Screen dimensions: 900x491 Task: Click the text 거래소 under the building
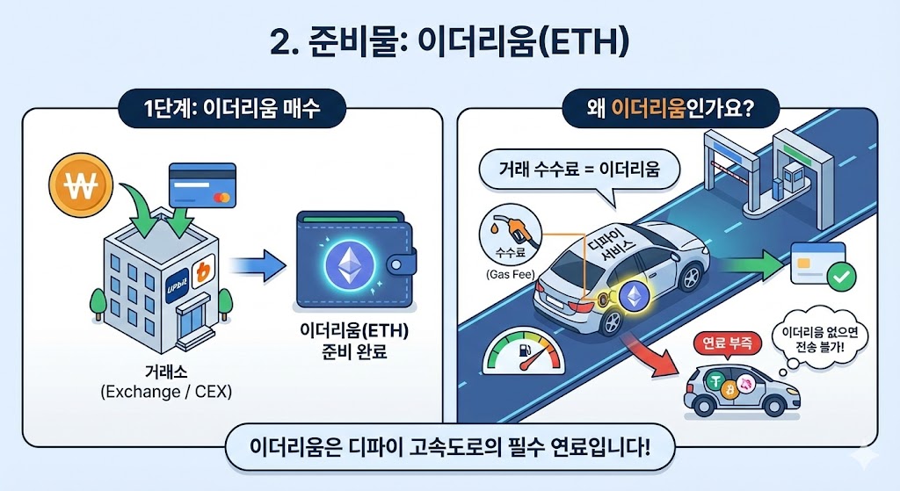(165, 371)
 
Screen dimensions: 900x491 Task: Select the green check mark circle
(843, 278)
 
